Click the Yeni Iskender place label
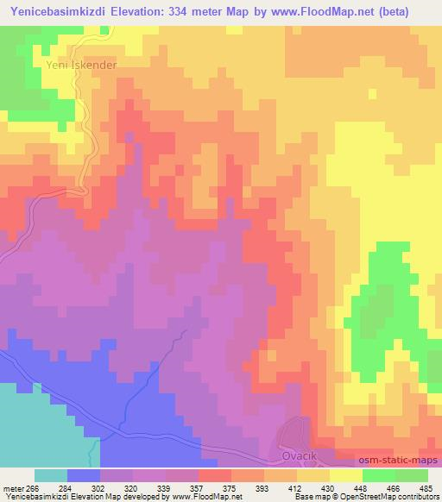click(x=80, y=64)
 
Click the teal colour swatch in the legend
click(x=51, y=476)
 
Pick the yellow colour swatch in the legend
click(x=344, y=476)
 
